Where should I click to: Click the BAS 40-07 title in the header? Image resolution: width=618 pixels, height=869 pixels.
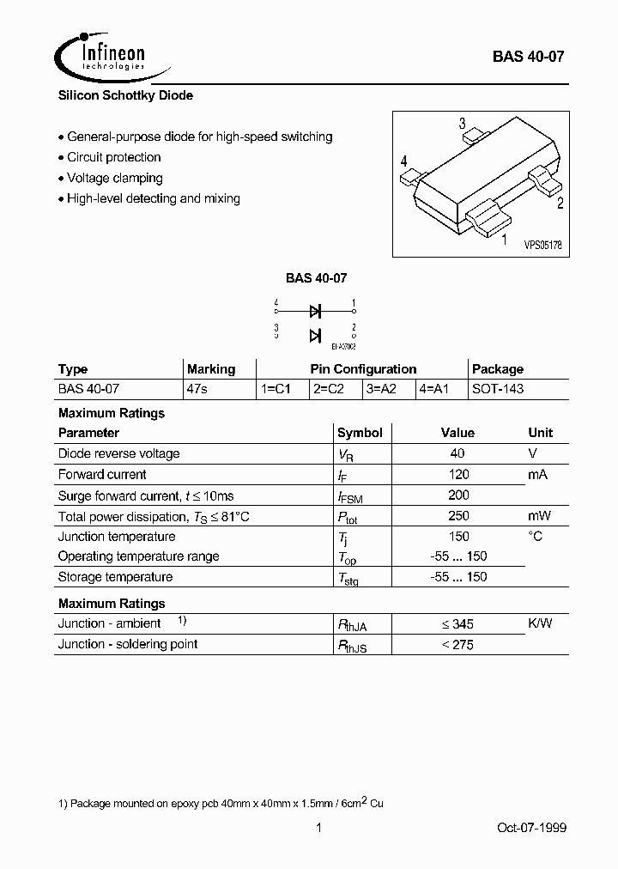528,58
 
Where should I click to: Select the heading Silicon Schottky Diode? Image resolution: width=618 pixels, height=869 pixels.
125,96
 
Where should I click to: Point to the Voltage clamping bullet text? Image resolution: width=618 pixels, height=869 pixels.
114,178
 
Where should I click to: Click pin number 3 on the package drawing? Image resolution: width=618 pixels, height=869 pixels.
462,123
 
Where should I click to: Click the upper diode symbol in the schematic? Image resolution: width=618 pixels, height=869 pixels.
315,311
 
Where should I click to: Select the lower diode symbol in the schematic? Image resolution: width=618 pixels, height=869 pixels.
315,335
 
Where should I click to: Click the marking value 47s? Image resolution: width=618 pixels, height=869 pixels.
197,389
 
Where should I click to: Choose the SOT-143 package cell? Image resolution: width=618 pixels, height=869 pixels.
498,389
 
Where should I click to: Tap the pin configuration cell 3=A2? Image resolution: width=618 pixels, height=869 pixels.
382,389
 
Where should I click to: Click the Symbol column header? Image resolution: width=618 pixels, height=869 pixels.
360,433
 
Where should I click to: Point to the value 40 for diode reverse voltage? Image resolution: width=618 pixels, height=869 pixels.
457,453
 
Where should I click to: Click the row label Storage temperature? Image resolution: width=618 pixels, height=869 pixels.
115,577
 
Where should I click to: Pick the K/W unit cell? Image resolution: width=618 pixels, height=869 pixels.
541,623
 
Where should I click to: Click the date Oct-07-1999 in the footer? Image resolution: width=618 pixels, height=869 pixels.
531,828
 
